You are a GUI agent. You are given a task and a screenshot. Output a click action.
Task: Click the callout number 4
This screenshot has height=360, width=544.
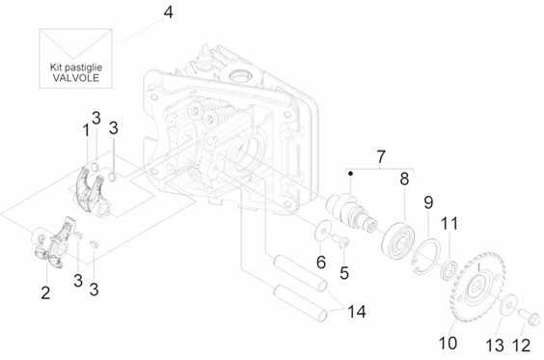(x=168, y=13)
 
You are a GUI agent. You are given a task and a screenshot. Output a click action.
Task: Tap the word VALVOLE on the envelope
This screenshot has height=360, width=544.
(x=76, y=77)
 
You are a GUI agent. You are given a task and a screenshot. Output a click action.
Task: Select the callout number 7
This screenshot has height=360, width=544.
(x=381, y=157)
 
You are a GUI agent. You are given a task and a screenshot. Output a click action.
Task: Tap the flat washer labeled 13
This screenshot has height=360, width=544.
(x=509, y=304)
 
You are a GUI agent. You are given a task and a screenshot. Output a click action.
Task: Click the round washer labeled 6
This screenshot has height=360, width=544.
(x=323, y=231)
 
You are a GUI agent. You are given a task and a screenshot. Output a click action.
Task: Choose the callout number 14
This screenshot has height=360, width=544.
(x=357, y=312)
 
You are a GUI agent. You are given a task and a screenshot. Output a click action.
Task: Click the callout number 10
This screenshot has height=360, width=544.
(x=448, y=343)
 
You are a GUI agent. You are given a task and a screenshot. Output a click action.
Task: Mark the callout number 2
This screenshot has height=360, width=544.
(x=45, y=292)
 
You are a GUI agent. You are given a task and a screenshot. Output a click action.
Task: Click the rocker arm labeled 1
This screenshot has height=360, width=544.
(x=92, y=193)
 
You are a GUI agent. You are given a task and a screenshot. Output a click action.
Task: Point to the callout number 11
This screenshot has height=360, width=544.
(x=449, y=224)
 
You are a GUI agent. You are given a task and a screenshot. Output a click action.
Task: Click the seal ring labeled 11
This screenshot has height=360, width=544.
(x=449, y=269)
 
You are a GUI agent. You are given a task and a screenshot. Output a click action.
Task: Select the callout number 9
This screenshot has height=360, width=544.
(x=428, y=202)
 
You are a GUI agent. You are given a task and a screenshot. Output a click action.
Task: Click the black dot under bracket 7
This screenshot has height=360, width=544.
(x=351, y=173)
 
